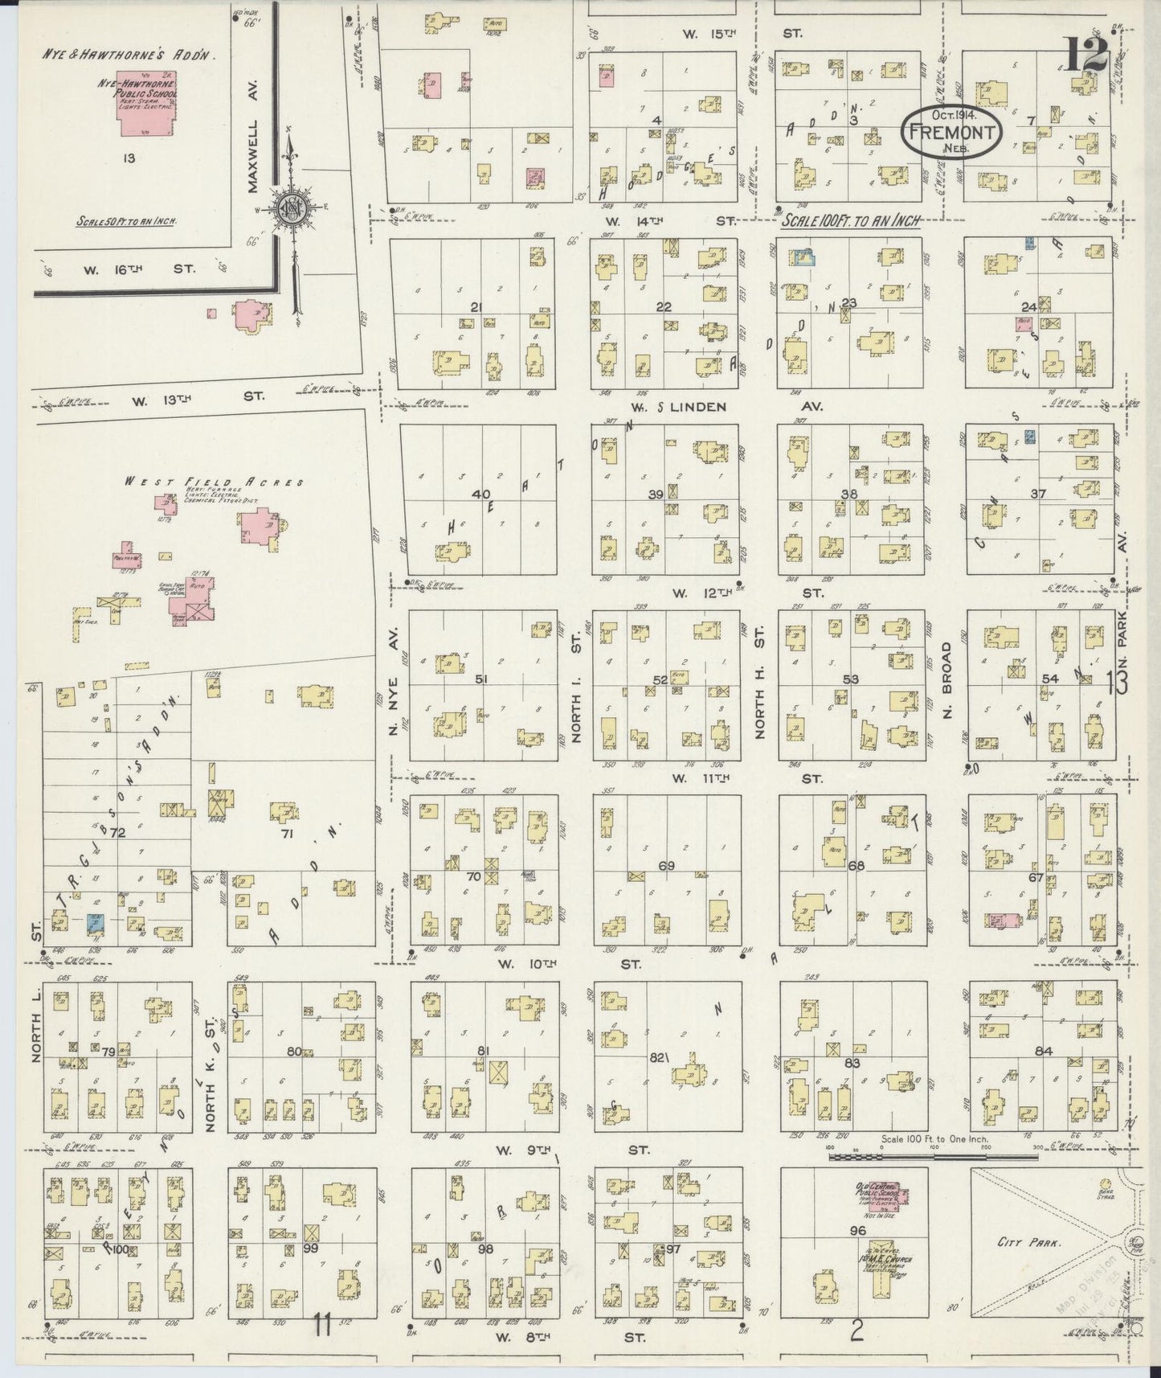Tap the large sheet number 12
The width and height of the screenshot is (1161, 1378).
(1088, 55)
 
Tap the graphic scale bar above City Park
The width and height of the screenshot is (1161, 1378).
(932, 1157)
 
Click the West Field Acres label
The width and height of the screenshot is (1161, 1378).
(213, 482)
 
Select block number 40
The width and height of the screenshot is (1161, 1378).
(480, 494)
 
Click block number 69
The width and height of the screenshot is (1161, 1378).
(666, 866)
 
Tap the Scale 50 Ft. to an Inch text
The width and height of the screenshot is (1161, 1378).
(127, 221)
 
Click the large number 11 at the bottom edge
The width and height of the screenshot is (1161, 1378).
(323, 1325)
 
